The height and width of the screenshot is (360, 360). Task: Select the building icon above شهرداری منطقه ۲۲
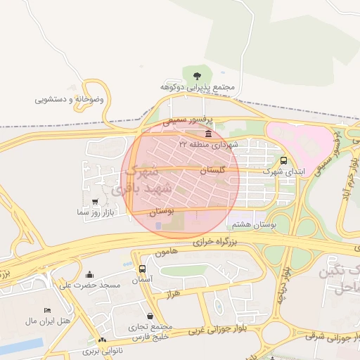click(x=208, y=133)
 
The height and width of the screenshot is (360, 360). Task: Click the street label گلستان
click(x=212, y=170)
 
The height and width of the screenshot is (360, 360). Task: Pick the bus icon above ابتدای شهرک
click(x=283, y=160)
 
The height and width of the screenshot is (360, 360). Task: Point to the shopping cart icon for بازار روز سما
click(x=95, y=201)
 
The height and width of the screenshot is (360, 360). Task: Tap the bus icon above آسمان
click(x=143, y=269)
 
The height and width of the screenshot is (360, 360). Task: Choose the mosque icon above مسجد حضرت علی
click(x=89, y=275)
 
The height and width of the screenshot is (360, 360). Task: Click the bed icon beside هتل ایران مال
click(x=47, y=310)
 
